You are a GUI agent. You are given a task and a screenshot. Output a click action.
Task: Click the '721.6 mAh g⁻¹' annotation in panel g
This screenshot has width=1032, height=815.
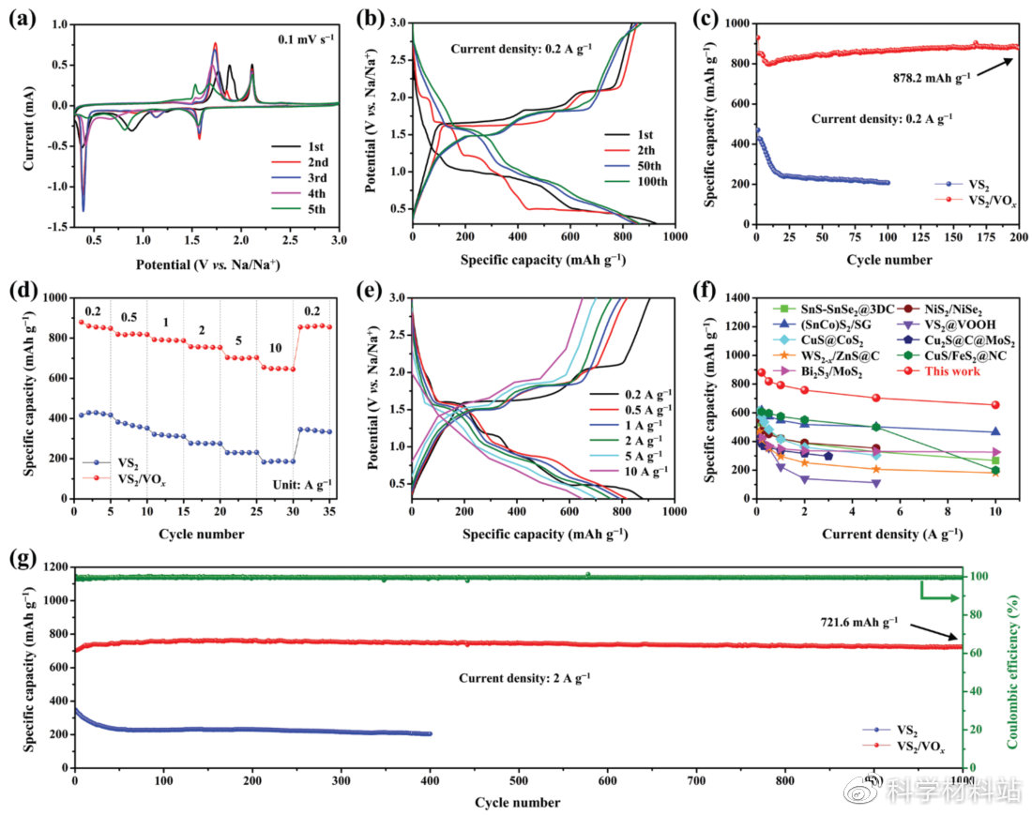[857, 620]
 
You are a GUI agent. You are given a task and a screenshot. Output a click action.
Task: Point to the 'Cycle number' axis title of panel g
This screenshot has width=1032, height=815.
[517, 803]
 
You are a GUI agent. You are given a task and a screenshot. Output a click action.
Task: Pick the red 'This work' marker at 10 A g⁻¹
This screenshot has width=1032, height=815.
[994, 405]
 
